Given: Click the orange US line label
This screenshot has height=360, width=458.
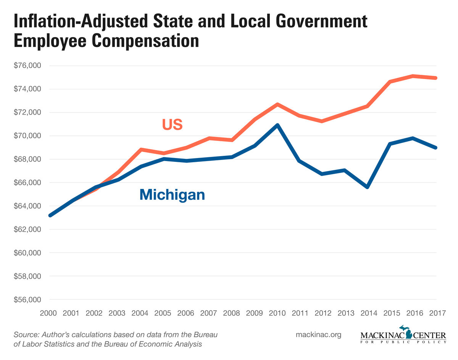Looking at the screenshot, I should [x=172, y=124].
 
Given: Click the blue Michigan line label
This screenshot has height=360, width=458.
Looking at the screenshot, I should [x=172, y=195].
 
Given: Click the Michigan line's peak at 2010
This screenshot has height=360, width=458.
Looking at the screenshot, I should [x=277, y=125].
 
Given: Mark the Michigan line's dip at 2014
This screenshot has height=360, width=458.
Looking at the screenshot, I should [x=367, y=187].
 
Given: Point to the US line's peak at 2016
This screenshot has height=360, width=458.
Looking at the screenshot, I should [x=413, y=76].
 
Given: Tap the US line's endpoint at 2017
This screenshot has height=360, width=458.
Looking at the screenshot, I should [x=435, y=78].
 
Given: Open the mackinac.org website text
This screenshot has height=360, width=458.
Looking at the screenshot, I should [x=318, y=335].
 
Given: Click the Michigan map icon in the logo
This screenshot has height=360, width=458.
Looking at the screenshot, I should [x=409, y=332].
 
